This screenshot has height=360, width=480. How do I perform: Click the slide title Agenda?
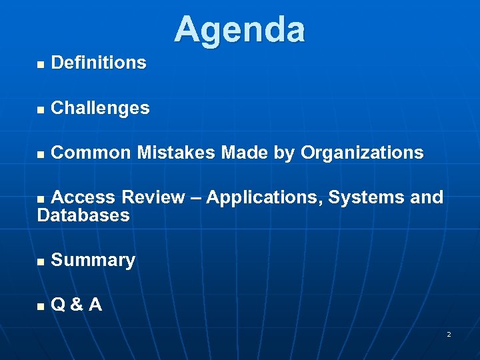239,30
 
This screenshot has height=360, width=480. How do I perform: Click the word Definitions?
98,63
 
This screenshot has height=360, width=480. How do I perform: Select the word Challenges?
100,108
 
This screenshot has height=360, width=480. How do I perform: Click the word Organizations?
362,153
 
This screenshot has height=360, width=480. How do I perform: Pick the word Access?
83,197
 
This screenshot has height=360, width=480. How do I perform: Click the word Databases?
83,215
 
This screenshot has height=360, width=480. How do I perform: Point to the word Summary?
93,260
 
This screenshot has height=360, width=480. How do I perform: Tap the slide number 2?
449,334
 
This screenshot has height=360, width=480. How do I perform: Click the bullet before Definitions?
41,64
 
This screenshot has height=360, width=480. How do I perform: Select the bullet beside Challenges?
41,109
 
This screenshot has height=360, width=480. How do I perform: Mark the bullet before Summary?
41,261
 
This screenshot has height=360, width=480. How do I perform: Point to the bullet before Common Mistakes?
41,154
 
